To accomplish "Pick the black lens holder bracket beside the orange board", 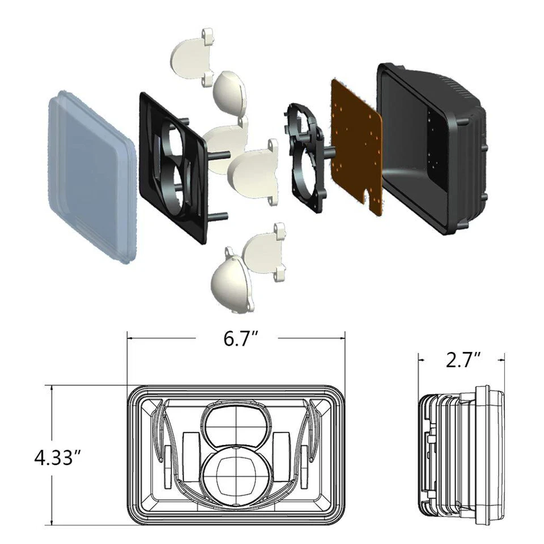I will pos(306,153).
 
